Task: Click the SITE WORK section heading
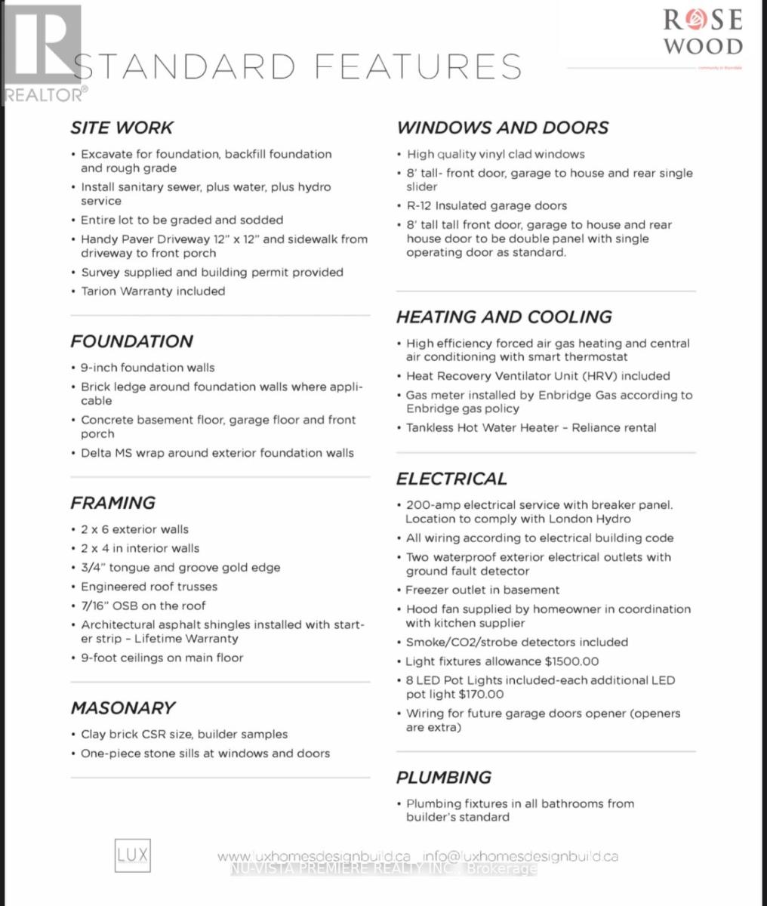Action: click(122, 128)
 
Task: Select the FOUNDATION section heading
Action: click(131, 341)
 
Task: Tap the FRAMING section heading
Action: click(112, 503)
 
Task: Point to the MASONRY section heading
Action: click(122, 708)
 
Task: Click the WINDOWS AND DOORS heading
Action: click(502, 128)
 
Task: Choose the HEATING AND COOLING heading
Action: click(504, 317)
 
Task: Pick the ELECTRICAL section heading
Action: click(451, 479)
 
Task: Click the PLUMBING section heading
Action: click(443, 778)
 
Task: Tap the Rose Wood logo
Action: click(702, 32)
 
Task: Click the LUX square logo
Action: click(133, 855)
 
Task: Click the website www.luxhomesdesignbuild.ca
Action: click(314, 857)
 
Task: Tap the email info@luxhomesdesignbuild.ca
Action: click(521, 857)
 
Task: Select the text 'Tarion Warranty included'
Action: click(152, 291)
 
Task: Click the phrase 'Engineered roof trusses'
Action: click(149, 587)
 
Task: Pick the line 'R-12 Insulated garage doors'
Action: click(486, 206)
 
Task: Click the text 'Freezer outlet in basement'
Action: click(482, 590)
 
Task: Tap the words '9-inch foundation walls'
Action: click(147, 368)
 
